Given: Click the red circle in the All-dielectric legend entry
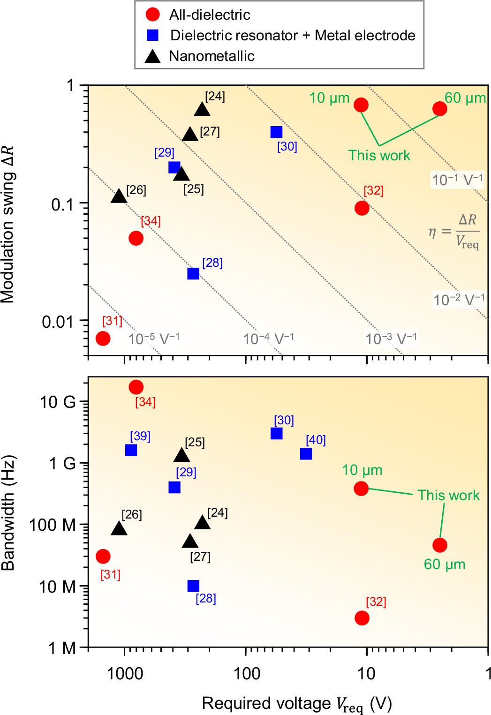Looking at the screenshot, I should [x=153, y=15].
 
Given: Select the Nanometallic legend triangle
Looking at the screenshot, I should [x=152, y=57].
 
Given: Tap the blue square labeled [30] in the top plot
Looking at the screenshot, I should [x=276, y=132].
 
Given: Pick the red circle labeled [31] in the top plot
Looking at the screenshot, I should [x=103, y=338].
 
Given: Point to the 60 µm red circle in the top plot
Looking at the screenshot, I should [x=439, y=109].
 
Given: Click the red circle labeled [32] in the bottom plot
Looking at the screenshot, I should [x=362, y=618].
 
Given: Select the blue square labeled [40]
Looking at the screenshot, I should [x=306, y=453].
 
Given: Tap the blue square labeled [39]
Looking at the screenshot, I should [x=131, y=450].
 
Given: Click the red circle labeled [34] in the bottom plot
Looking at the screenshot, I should [x=136, y=387].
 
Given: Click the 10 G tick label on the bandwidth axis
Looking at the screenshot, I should [x=57, y=402].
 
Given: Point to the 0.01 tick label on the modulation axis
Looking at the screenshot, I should [x=58, y=322].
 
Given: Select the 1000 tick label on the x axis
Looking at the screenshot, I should [x=125, y=674].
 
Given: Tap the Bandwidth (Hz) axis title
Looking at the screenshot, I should [x=8, y=512].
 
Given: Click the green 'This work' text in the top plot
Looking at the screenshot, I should [x=379, y=155].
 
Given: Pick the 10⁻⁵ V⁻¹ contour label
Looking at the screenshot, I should [x=154, y=339].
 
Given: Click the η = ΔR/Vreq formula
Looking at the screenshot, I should [x=454, y=232].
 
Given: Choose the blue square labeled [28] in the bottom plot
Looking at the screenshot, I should [x=193, y=586].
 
